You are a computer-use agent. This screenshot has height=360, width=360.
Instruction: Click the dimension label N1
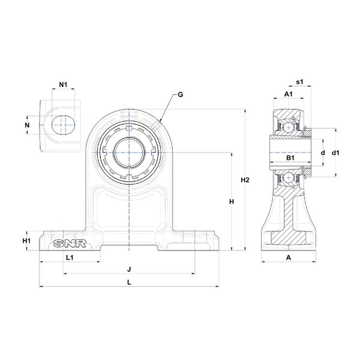(64, 84)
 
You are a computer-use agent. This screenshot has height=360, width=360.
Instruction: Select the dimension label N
(27, 125)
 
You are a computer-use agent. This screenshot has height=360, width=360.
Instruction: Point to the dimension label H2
(245, 180)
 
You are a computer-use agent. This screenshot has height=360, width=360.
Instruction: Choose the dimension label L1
(70, 257)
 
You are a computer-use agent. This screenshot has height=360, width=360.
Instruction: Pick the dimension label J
(129, 269)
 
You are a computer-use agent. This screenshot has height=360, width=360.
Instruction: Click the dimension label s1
(300, 81)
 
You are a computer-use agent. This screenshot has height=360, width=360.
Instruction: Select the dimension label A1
(287, 94)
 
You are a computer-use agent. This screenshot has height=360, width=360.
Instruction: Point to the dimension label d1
(337, 153)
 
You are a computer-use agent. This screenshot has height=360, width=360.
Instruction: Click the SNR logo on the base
(67, 243)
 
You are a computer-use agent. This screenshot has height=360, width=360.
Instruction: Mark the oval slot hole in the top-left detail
(63, 125)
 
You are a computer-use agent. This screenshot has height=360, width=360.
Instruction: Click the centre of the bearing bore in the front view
(129, 152)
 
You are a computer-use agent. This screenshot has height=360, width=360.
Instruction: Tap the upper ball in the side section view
(289, 127)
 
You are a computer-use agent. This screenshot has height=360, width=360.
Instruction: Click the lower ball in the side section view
(289, 178)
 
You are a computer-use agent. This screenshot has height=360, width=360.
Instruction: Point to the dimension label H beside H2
(231, 202)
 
